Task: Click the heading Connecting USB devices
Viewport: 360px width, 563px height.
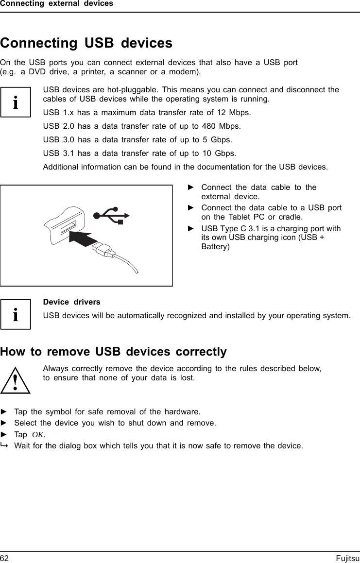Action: click(x=86, y=43)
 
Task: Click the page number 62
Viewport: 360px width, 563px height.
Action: click(x=4, y=559)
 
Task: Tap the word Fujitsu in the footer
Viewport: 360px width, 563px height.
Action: click(x=347, y=559)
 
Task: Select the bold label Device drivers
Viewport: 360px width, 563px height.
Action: click(x=72, y=302)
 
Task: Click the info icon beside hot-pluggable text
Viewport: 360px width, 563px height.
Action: click(x=16, y=102)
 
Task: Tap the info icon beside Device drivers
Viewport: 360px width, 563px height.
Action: click(x=16, y=315)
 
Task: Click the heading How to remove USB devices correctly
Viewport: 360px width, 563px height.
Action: click(x=113, y=352)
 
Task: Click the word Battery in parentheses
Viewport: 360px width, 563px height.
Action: click(x=216, y=247)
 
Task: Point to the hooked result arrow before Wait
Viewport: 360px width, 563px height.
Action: click(x=4, y=445)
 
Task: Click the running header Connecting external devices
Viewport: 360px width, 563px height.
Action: click(x=56, y=4)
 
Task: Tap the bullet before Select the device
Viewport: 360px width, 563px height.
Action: click(x=4, y=423)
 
